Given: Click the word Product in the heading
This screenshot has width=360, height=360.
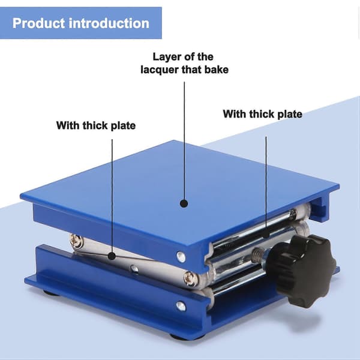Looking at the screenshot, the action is [x=38, y=23].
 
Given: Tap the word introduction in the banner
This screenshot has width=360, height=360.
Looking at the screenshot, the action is [x=109, y=23].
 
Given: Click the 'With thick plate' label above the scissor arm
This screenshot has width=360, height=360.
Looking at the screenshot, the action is [x=96, y=125].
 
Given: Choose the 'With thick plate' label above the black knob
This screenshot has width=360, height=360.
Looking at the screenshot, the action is [x=262, y=114].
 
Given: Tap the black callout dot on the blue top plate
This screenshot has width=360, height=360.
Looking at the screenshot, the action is [x=184, y=203].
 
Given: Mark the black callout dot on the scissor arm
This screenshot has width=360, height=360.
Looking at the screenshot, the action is [x=112, y=256].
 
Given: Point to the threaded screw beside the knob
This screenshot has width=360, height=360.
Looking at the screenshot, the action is [x=258, y=253].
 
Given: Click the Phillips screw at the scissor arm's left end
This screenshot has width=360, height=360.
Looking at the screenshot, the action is [x=77, y=241].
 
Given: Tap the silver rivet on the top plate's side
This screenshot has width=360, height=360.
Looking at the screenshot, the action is [x=181, y=256].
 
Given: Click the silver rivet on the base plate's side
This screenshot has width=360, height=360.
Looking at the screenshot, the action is [x=181, y=306].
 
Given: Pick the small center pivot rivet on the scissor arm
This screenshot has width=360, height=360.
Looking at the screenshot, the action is [x=134, y=269].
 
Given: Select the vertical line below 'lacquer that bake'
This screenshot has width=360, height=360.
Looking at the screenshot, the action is [x=184, y=140].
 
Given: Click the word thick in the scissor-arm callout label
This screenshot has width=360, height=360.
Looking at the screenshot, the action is [x=95, y=125].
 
